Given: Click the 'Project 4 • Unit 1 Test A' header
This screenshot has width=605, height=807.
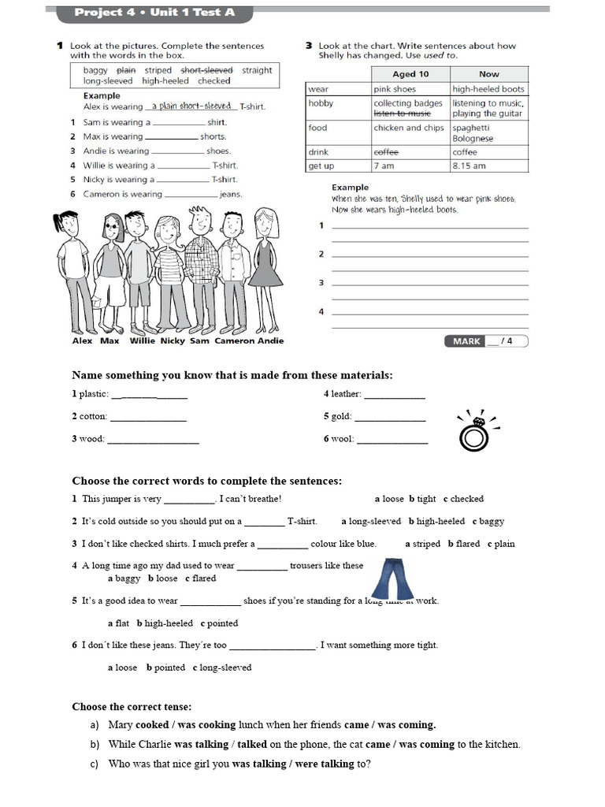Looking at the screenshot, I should tap(154, 13).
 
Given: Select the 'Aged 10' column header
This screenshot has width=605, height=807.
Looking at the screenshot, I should tap(410, 74).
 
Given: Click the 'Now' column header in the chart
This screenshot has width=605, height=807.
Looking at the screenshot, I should tap(489, 74).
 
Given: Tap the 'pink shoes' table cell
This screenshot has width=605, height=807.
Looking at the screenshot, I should tap(395, 89).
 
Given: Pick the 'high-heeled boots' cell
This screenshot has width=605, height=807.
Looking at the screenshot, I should tap(488, 89).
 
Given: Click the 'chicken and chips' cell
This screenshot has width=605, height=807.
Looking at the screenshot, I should tap(409, 128).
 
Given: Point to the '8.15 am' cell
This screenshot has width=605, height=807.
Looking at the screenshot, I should tap(470, 166).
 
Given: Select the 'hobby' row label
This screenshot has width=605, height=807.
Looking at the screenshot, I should tap(321, 103).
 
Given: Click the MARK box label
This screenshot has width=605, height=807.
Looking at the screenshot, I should tap(465, 341).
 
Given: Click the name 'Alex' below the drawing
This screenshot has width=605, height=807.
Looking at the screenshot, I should tap(82, 341).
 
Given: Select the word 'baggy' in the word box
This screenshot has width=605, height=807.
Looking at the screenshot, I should tap(95, 70).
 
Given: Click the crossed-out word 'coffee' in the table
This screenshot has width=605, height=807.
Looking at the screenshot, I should tap(386, 152).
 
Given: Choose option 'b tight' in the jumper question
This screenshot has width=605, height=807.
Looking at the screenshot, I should tap(422, 499).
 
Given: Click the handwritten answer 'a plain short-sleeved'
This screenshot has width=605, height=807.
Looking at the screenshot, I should tap(191, 106).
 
